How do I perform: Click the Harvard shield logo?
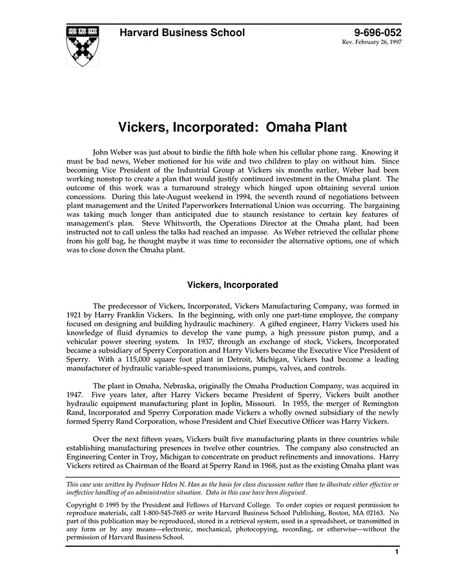(x=81, y=47)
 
